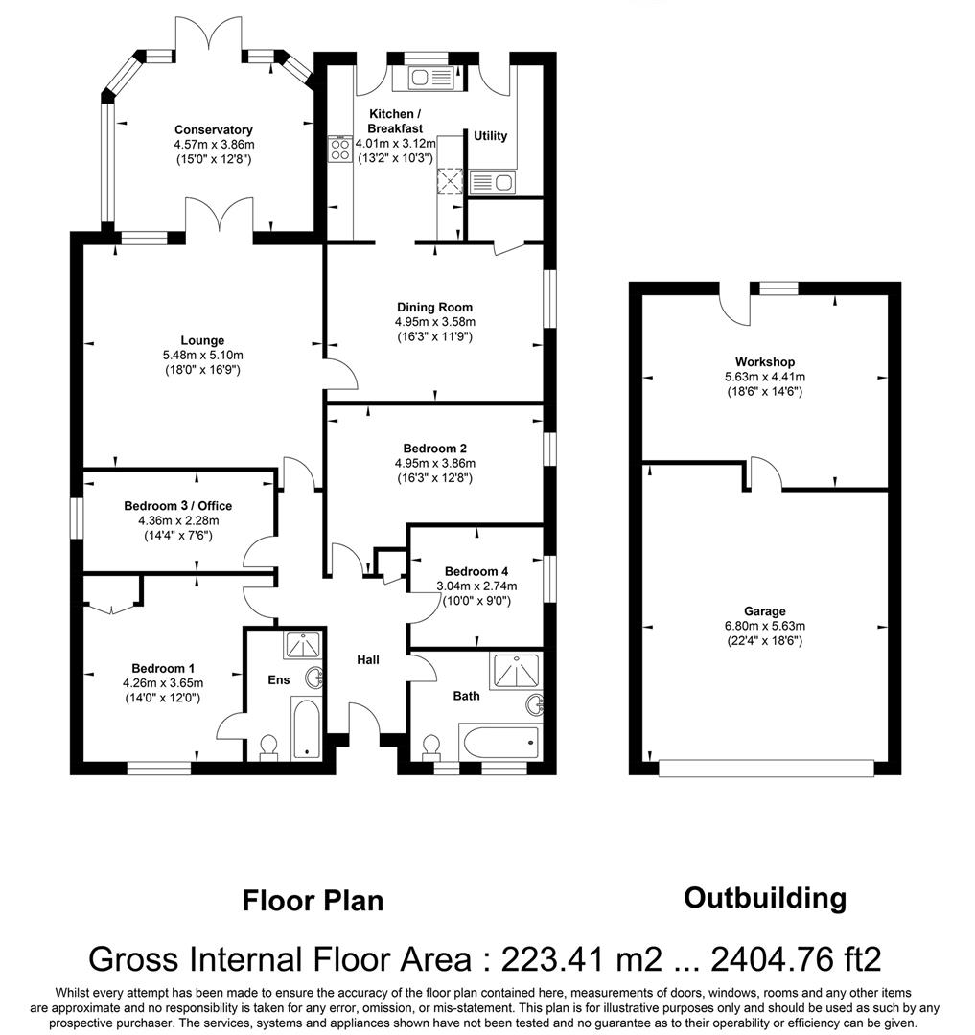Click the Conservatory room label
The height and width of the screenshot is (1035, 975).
pos(213,129)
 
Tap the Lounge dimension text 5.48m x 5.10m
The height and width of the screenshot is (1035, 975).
pos(202,355)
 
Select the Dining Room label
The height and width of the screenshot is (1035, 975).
pos(435,307)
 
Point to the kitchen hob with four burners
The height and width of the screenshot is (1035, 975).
pos(339,148)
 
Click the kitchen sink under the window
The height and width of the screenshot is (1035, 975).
pos(423,77)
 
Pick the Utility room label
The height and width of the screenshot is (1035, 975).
pos(490,136)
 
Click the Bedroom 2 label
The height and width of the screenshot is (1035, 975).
pos(435,448)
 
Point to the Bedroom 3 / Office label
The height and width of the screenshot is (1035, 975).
pos(177,506)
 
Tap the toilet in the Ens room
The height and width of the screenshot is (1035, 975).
pos(268,746)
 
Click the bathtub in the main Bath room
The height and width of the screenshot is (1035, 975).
pos(499,742)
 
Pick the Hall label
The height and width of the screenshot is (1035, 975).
pos(368,660)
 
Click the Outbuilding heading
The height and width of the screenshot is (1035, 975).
pos(764,898)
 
